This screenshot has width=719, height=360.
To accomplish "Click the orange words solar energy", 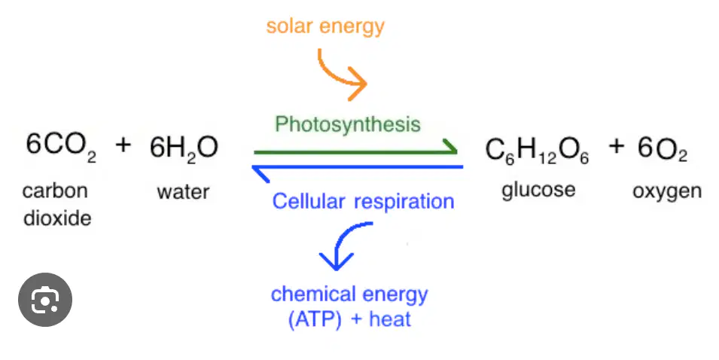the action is click(x=325, y=26).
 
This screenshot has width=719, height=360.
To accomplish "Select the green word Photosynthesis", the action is click(x=348, y=124).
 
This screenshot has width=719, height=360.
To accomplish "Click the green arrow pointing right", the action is click(x=355, y=151).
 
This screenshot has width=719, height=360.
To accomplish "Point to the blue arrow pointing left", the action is click(x=358, y=167).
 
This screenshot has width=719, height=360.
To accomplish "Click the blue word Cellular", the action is click(x=308, y=201).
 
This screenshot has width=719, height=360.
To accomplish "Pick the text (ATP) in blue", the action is click(x=315, y=319).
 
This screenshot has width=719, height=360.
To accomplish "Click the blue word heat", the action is click(x=390, y=319).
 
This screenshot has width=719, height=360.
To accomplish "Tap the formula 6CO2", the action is click(x=61, y=146).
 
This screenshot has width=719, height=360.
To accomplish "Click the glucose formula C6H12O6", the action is click(x=537, y=151).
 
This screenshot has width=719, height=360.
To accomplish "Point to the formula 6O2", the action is click(x=663, y=149).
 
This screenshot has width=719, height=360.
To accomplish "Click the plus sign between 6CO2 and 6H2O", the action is click(x=123, y=145).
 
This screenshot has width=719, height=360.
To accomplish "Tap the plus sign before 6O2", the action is click(x=617, y=146).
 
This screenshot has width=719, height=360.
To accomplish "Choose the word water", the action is click(x=183, y=192).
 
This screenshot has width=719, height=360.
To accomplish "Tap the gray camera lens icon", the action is click(x=45, y=300).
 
